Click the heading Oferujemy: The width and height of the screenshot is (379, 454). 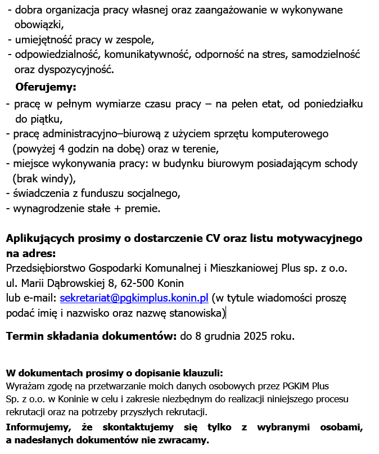pos(46,87)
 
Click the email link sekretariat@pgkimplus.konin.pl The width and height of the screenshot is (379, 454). pos(134,298)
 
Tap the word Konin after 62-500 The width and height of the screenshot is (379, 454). pos(170,282)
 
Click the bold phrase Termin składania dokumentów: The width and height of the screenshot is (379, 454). pos(92,336)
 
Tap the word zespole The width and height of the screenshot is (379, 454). pos(134,40)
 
